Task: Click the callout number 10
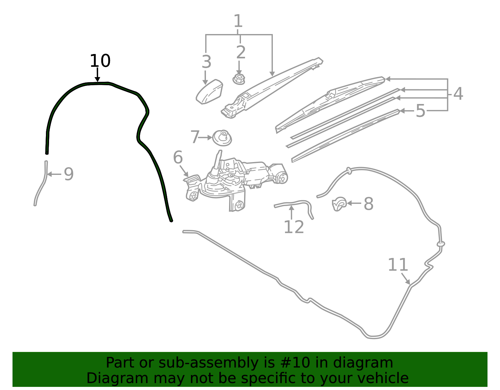[100, 61]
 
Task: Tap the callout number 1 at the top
[238, 21]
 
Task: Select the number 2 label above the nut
[241, 52]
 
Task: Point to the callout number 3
[206, 62]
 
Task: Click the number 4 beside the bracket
[458, 94]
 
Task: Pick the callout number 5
[420, 111]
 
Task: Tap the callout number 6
[178, 157]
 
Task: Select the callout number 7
[195, 137]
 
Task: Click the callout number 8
[368, 204]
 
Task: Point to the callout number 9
[68, 174]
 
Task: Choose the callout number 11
[398, 264]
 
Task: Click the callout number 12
[294, 227]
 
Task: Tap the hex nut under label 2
[239, 79]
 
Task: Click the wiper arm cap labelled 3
[209, 92]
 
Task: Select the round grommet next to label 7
[222, 138]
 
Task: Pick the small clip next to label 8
[339, 204]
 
